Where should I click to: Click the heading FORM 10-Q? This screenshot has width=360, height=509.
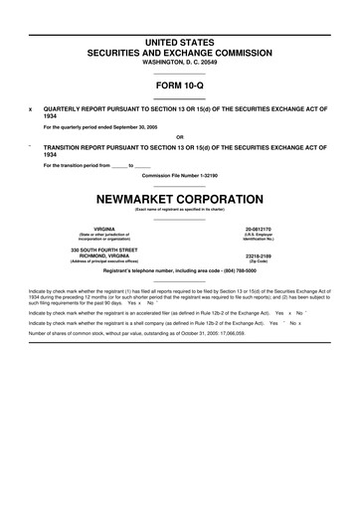(179, 85)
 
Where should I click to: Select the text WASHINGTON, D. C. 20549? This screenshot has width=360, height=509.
(179, 62)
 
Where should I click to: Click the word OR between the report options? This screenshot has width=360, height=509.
(179, 136)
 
